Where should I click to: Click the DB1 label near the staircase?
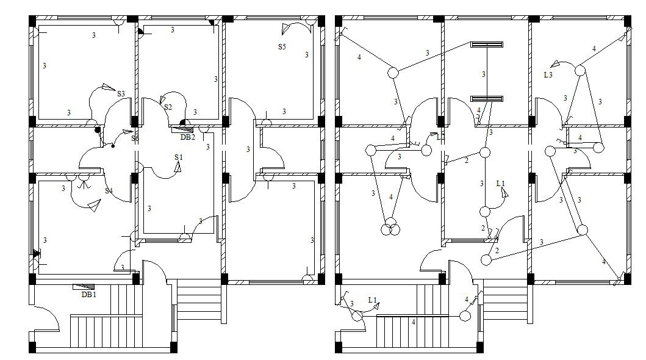[88, 294]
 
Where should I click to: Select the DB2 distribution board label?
[187, 137]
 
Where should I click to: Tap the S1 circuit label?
[178, 157]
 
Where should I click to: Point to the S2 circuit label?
[168, 107]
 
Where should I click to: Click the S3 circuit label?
[121, 94]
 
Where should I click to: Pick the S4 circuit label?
[109, 191]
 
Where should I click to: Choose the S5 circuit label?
[282, 46]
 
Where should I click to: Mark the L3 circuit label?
[548, 75]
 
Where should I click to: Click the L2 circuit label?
[440, 137]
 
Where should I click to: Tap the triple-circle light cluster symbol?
[389, 228]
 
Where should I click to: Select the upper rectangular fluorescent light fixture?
[486, 45]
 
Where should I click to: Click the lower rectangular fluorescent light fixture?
[486, 98]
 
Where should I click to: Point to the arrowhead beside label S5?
[287, 27]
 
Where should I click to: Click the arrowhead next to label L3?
[556, 63]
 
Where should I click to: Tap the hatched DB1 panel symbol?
[84, 286]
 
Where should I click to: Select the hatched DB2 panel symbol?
[181, 129]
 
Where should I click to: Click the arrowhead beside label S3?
[107, 87]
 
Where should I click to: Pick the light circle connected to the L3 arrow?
[579, 71]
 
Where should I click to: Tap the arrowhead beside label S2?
[163, 98]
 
